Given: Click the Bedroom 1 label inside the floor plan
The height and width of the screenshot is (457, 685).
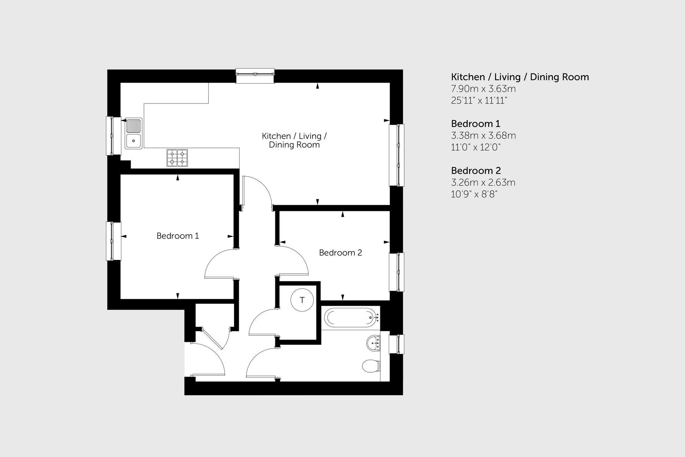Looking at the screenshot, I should point(177,236).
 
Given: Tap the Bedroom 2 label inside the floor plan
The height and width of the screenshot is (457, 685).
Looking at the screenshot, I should point(340,253).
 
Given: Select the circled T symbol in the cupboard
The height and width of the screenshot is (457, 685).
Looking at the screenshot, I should point(302,300).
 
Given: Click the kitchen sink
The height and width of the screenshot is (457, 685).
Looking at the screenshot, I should point(134,133).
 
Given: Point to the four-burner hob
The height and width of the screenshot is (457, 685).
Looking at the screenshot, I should point(177,158).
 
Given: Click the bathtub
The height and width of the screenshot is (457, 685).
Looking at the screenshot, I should point(351,317).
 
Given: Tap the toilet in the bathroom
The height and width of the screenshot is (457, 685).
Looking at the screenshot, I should point(371,366).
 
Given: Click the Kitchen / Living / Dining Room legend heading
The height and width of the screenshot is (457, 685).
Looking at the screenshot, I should point(520,77).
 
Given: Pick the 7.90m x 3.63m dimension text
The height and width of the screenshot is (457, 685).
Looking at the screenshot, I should point(483,89).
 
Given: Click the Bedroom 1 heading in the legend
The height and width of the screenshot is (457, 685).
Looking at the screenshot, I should point(475,124).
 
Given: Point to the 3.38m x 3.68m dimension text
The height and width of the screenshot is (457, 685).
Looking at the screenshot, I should point(483,136).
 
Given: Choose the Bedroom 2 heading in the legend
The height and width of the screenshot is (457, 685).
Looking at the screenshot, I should point(476,171).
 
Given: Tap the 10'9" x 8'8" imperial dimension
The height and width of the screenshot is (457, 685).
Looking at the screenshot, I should point(474,194).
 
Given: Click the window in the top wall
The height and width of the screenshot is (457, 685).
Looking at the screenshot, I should point(255,76).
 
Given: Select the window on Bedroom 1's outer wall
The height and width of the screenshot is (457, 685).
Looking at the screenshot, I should point(114,241).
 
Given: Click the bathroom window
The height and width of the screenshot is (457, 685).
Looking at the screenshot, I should point(396,344).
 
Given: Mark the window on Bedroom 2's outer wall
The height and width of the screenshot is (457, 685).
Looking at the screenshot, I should point(396,272).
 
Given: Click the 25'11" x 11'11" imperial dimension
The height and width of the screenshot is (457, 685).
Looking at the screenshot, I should point(479,101).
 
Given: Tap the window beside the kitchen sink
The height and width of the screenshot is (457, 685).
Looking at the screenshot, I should point(114,136).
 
